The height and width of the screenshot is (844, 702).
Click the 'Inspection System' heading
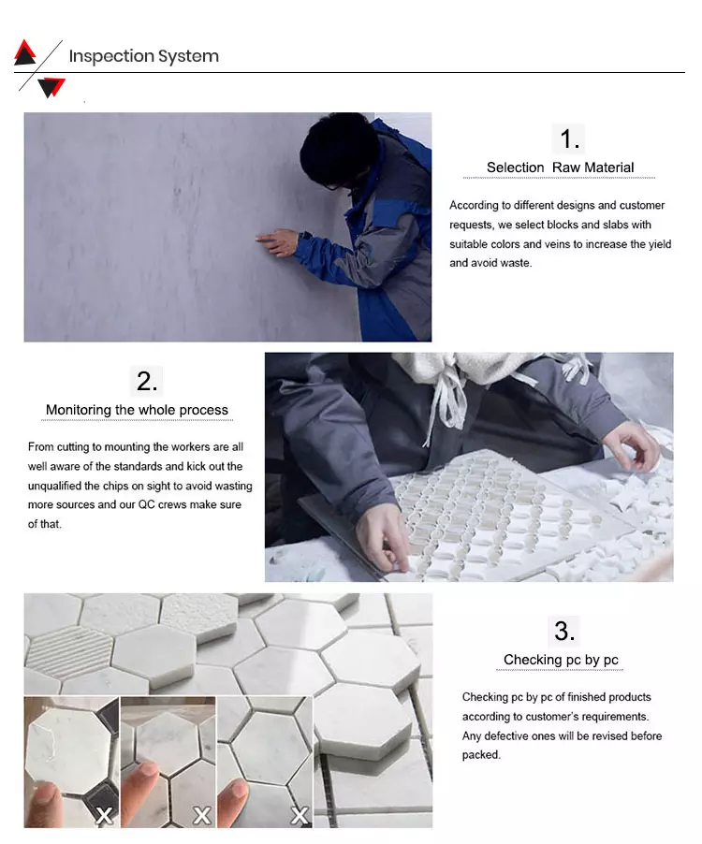144,56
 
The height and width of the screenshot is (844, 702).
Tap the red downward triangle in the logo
52,85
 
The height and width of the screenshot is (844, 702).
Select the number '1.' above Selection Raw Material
569,138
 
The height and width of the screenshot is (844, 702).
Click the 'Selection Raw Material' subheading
560,167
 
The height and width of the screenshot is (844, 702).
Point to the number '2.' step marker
147,381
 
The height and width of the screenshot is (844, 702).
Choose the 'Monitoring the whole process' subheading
137,410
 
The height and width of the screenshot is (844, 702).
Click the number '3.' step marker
564,631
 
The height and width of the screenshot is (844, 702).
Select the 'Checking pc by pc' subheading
561,660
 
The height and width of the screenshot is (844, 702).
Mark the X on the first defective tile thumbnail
104,816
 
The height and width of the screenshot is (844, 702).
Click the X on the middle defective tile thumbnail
202,816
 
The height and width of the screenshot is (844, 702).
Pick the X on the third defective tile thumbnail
300,816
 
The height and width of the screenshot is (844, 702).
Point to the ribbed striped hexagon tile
69,652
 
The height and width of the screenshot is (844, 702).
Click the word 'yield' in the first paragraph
660,244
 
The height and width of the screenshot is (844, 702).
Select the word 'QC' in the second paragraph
146,505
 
